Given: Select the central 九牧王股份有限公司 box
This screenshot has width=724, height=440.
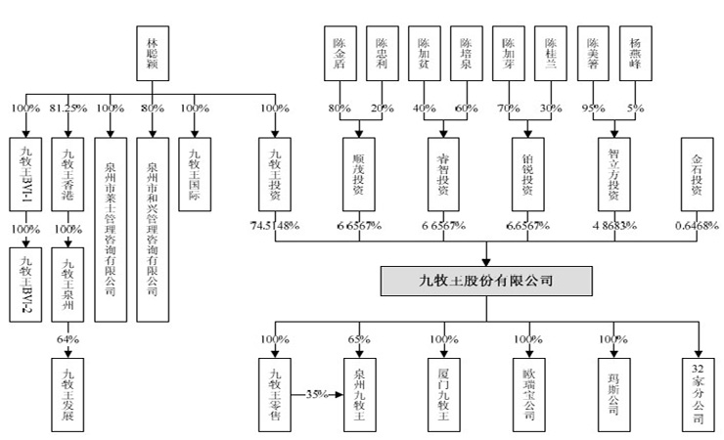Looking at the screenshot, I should point(485,281).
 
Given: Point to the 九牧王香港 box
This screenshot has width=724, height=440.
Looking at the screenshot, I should point(68,177).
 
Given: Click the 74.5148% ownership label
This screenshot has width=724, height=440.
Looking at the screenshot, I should point(275,226).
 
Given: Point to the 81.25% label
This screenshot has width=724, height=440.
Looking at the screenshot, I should point(68,108).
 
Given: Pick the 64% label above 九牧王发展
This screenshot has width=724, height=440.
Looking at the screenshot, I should point(68,338).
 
